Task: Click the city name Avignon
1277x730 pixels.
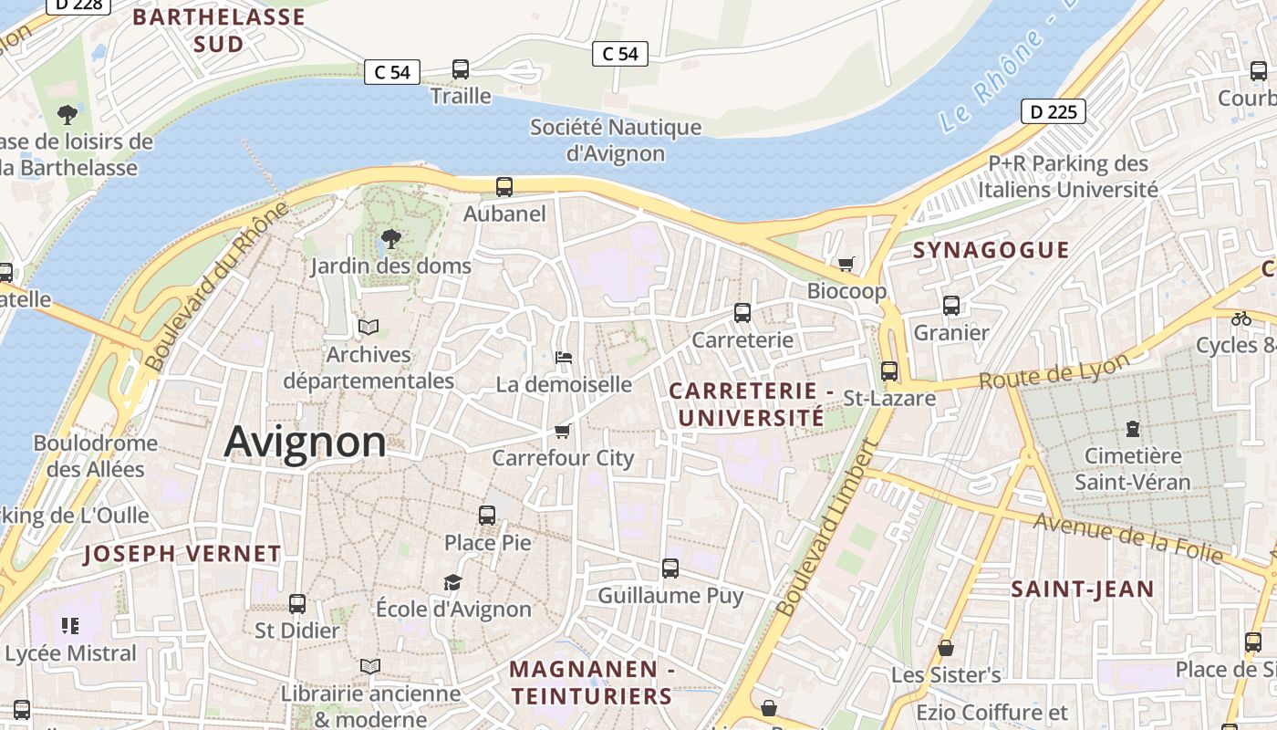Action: pos(305,442)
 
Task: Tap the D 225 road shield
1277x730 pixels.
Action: pos(1053,112)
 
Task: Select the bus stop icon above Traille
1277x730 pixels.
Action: pos(461,69)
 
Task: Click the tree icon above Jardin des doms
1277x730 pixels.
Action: pos(390,239)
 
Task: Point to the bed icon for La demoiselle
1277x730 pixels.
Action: pos(564,358)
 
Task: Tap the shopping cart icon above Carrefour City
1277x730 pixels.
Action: pos(562,431)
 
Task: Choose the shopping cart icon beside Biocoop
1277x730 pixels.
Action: pos(846,264)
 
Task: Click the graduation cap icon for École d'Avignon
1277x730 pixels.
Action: pos(452,582)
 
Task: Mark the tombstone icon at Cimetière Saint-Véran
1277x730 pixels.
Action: pos(1132,428)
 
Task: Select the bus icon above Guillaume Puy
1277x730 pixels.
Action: pos(670,568)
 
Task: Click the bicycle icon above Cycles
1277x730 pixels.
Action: pos(1241,318)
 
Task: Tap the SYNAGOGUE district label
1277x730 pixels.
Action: pos(991,250)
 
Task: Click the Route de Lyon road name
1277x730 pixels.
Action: pos(1054,370)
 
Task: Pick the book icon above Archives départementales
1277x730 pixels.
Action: pos(369,327)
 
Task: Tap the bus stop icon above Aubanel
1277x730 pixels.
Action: pos(504,187)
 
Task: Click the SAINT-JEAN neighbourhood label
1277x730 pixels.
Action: pos(1083,589)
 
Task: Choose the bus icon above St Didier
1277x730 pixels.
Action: pos(297,603)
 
